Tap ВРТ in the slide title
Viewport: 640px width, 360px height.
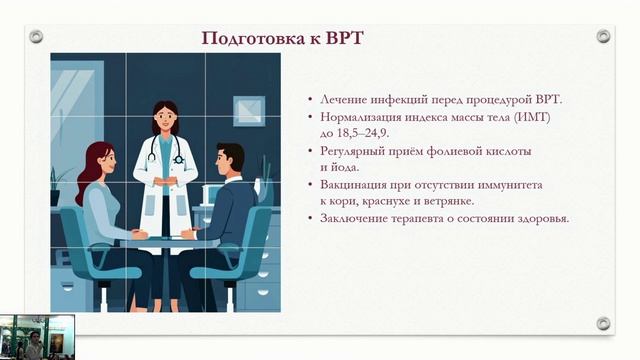[343, 39]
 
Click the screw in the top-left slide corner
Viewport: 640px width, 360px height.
[36, 36]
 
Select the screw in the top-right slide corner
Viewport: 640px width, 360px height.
[603, 36]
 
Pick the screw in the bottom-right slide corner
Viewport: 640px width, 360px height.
[603, 323]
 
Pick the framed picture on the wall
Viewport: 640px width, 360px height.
[249, 111]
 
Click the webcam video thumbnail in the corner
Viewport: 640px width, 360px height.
[37, 337]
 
